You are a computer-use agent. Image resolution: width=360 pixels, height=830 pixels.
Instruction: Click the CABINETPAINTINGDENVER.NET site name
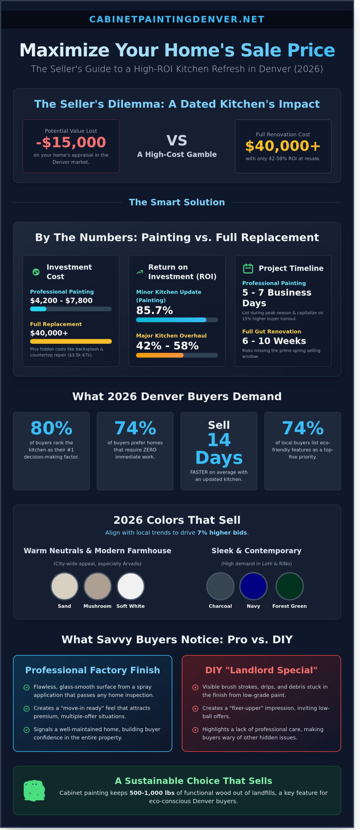177,19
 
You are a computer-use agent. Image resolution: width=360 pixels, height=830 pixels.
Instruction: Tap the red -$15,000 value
71,142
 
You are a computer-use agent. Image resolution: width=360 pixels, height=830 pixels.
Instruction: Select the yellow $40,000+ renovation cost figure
283,146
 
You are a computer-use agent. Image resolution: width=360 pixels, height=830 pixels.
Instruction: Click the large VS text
177,141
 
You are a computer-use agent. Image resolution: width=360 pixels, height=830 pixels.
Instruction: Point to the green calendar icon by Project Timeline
248,268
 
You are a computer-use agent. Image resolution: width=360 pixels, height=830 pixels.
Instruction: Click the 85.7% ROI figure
154,311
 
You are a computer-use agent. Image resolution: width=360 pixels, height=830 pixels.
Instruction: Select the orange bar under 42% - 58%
160,355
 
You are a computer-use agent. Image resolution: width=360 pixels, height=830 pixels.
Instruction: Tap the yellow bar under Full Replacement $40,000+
71,341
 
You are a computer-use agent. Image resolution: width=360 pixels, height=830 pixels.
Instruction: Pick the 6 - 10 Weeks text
274,341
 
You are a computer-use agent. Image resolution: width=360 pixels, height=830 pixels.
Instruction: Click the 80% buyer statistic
51,428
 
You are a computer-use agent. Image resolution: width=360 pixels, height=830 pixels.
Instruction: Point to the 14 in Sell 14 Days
219,440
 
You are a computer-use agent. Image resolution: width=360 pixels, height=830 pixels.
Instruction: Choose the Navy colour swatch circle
253,586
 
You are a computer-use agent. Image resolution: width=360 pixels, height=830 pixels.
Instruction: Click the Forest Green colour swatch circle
289,586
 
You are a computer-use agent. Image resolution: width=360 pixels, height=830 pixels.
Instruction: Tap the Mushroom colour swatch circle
97,586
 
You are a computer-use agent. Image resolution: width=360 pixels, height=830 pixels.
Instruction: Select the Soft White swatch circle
130,586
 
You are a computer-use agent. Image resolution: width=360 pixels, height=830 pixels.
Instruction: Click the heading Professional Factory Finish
92,670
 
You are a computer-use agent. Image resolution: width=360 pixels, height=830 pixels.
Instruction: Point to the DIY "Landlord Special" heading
261,670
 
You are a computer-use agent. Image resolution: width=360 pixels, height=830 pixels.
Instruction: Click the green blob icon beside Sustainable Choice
34,791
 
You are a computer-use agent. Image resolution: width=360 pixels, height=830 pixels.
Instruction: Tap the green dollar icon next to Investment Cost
36,272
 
